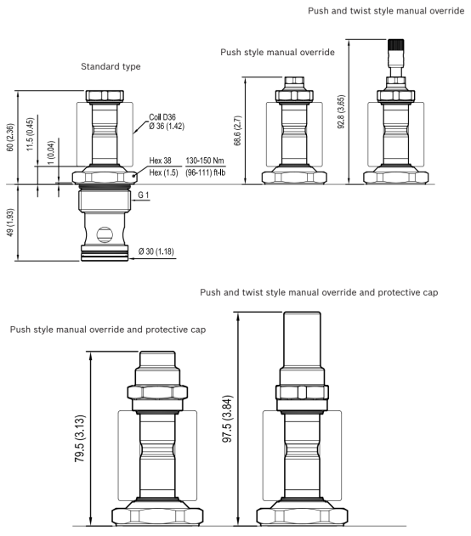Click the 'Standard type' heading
pyautogui.click(x=111, y=66)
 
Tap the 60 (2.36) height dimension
pyautogui.click(x=10, y=138)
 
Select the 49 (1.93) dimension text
pyautogui.click(x=10, y=223)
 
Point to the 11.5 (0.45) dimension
pyautogui.click(x=30, y=134)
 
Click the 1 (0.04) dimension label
pyautogui.click(x=51, y=152)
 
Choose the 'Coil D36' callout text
pyautogui.click(x=162, y=117)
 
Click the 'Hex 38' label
pyautogui.click(x=160, y=161)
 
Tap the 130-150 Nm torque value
pyautogui.click(x=205, y=161)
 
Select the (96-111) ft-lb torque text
pyautogui.click(x=206, y=172)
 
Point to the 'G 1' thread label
pyautogui.click(x=144, y=195)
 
